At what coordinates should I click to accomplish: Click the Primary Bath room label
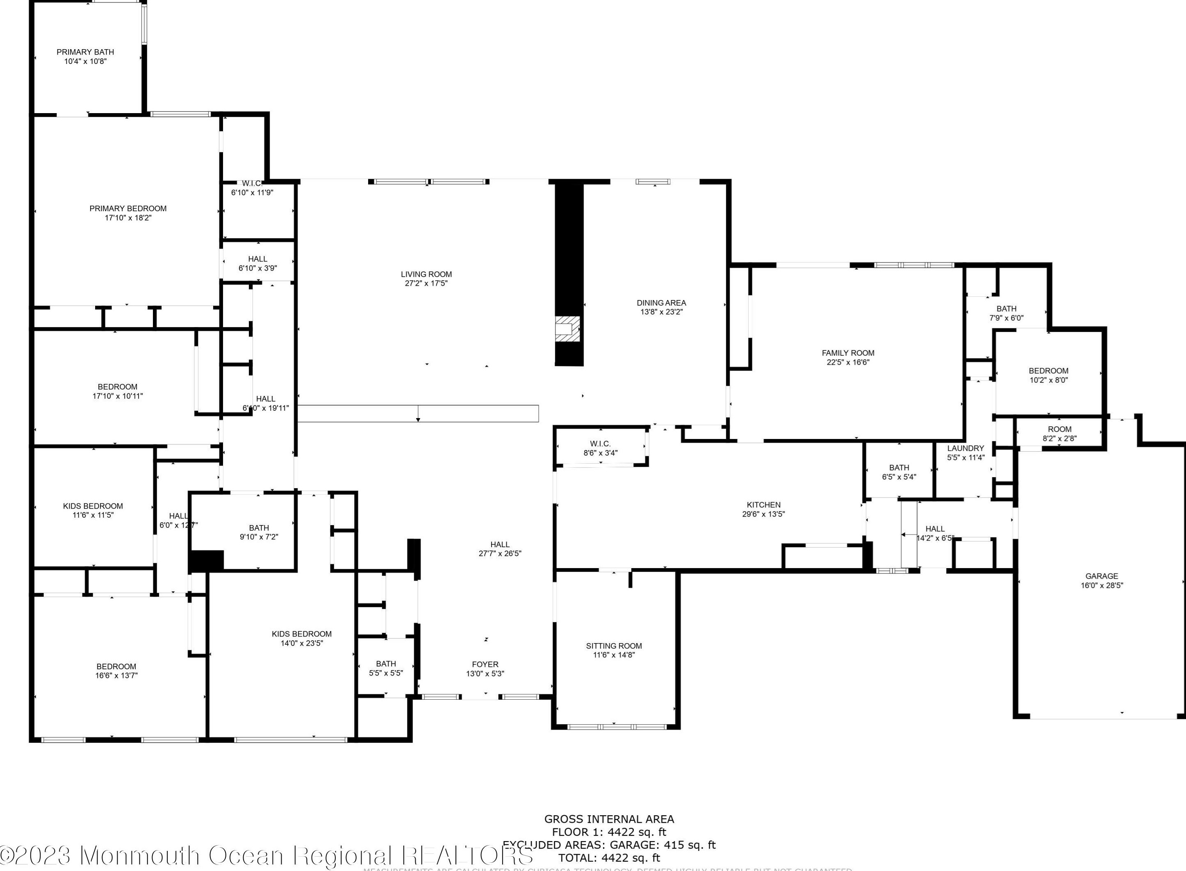point(85,52)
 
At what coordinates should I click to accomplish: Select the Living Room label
point(426,274)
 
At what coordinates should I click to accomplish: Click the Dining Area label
point(661,302)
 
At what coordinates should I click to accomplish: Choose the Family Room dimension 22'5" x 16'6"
point(847,362)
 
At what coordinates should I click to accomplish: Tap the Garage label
point(1101,576)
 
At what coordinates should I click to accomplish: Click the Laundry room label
point(965,448)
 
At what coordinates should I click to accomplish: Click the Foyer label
point(485,664)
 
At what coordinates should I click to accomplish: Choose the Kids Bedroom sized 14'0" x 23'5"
point(302,639)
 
